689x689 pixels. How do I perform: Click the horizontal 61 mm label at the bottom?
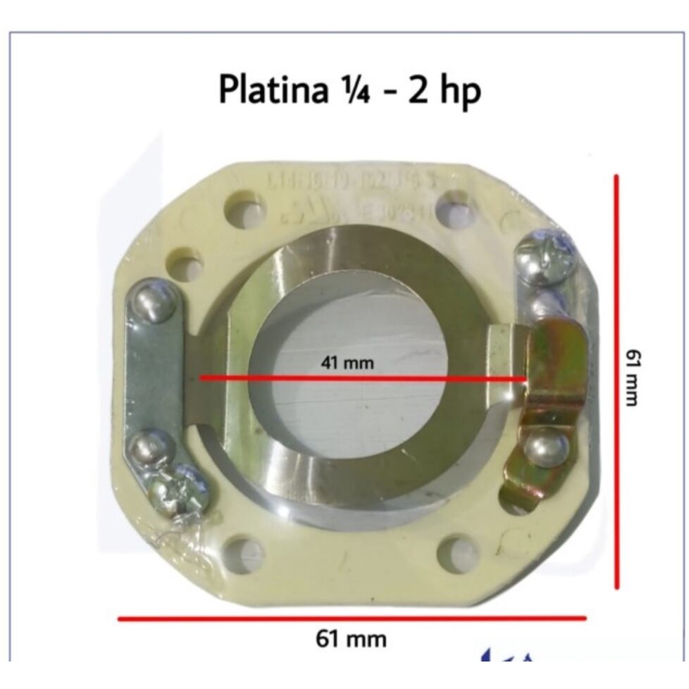351,639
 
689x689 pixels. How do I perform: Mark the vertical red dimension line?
617,380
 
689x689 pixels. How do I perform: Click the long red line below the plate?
351,619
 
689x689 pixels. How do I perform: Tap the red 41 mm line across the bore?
363,378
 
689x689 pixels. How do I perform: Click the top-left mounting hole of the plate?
243,208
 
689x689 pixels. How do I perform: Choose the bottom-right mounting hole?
458,552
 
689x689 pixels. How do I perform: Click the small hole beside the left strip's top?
186,267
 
